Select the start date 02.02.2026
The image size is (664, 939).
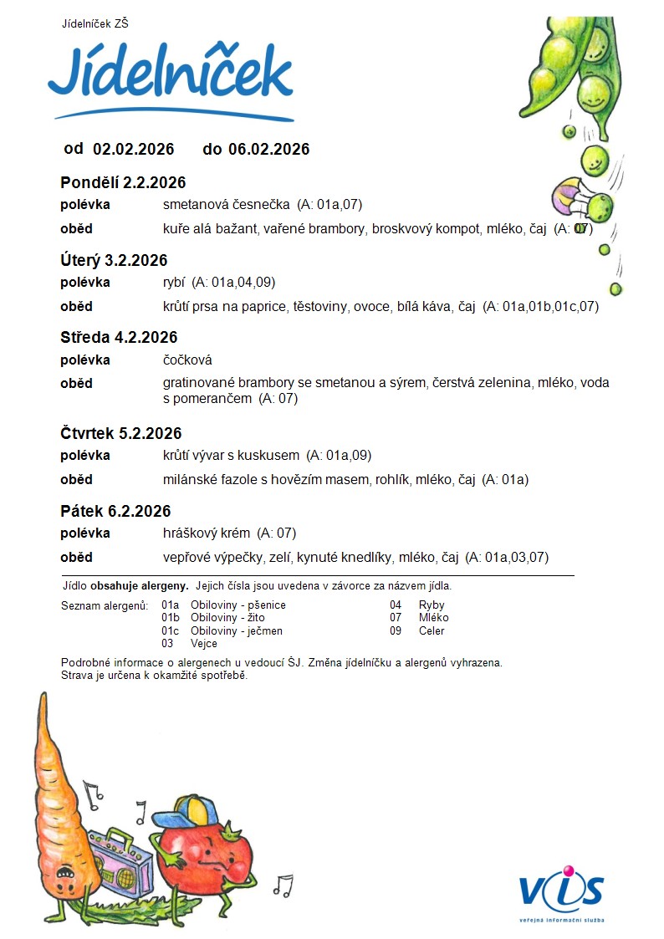coord(133,150)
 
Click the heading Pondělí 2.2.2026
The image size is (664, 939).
coord(123,183)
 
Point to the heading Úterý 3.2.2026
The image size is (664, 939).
coord(114,260)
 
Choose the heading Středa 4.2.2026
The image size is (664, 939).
coord(119,338)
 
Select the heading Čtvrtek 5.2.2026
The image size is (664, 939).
coord(120,434)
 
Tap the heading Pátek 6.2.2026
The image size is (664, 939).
coord(115,512)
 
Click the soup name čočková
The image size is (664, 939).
coord(187,360)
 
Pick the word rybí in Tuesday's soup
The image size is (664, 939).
coord(174,283)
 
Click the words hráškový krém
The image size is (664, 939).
coord(207,533)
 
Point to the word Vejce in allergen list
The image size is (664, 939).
coord(204,644)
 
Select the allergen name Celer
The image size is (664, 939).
coord(432,631)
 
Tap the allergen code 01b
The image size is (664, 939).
coord(171,618)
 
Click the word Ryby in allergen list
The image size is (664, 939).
coord(432,605)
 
